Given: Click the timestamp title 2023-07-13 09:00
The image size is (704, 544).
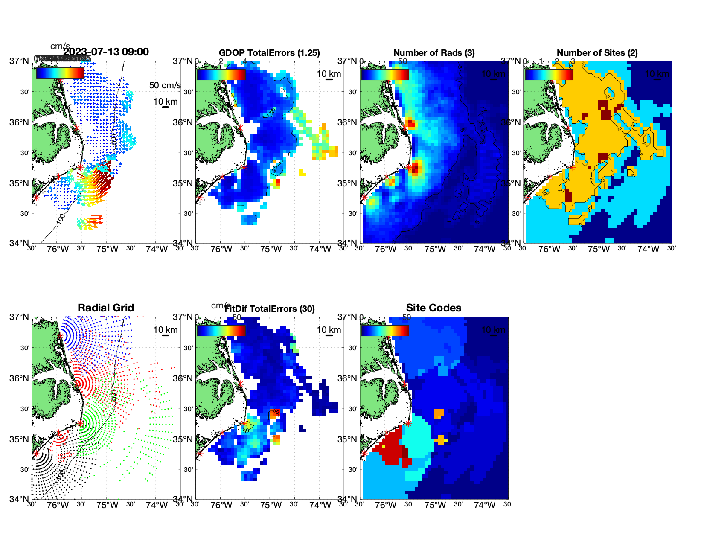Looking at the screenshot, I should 106,52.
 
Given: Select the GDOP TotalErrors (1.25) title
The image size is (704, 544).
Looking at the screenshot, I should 269,53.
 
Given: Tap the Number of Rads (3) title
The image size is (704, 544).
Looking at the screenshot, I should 434,53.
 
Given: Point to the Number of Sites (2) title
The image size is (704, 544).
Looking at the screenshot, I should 597,53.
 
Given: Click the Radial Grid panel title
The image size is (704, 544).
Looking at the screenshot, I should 106,308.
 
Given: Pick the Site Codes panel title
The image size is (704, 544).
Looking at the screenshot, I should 433,308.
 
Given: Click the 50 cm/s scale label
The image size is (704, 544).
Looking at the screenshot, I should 165,85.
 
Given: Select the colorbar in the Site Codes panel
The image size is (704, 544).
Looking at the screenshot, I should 385,330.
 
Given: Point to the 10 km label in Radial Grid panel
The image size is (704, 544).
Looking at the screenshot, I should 165,330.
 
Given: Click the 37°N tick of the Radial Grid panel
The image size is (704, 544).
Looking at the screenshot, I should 20,317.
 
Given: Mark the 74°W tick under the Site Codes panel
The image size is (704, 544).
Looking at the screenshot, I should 484,505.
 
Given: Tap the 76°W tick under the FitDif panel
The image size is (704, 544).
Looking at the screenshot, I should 221,505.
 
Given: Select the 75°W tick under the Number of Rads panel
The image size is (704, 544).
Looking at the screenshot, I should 435,249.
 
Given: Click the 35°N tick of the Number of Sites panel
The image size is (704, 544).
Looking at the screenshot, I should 511,183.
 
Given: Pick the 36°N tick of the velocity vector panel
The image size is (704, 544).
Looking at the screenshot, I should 20,122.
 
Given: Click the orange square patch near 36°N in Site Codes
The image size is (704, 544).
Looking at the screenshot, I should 439,413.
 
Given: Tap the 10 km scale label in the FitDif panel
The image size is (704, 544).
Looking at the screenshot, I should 329,330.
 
